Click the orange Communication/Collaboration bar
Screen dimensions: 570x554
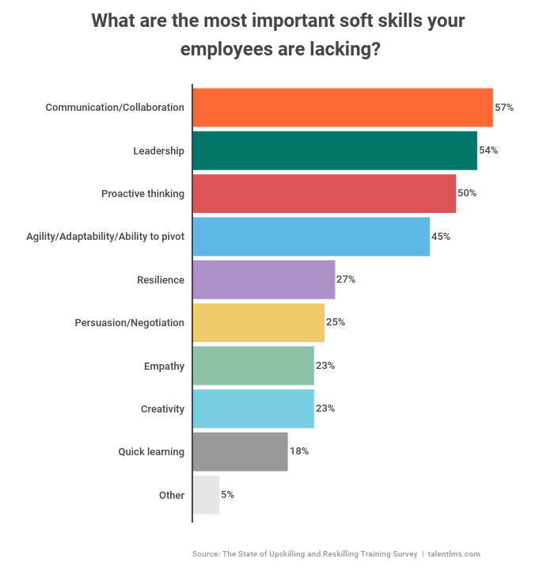point(342,108)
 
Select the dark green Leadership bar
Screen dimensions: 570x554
point(334,150)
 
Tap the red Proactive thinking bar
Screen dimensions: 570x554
point(324,194)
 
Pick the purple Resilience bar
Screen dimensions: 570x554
point(264,279)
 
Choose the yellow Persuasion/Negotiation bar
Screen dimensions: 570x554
point(258,322)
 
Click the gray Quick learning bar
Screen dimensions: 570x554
point(240,452)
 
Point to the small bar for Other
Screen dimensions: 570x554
point(206,495)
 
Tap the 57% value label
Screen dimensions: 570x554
point(504,108)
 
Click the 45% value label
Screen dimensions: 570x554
point(441,237)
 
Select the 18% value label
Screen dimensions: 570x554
point(298,452)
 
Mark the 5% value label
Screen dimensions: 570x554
point(227,495)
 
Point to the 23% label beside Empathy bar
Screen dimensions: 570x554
point(325,366)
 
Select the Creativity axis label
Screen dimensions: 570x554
point(162,409)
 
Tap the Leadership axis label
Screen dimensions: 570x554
point(158,150)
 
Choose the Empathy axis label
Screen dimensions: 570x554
point(164,366)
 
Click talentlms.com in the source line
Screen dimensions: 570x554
point(454,554)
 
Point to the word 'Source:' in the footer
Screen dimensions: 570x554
point(206,554)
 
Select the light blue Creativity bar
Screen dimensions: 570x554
point(253,408)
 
